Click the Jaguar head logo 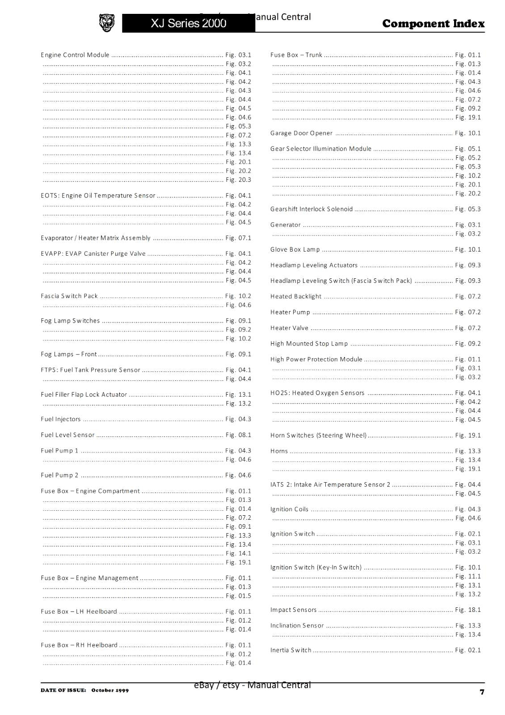(106, 23)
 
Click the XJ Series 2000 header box (188, 23)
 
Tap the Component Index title (433, 24)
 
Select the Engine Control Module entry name (75, 55)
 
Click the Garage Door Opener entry (301, 133)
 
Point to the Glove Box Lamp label (295, 249)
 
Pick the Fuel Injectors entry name (61, 419)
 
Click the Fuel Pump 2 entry (59, 475)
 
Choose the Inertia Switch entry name (291, 650)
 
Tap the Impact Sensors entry (293, 610)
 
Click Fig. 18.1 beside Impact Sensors (468, 610)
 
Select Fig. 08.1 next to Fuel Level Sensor (238, 435)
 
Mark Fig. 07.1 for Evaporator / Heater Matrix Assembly (238, 238)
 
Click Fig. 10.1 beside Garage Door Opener (468, 133)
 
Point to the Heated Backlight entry (296, 296)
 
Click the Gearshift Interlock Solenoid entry (311, 209)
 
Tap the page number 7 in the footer (482, 692)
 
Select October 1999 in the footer (110, 690)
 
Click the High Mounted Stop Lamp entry (309, 344)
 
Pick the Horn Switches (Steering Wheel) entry (318, 435)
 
